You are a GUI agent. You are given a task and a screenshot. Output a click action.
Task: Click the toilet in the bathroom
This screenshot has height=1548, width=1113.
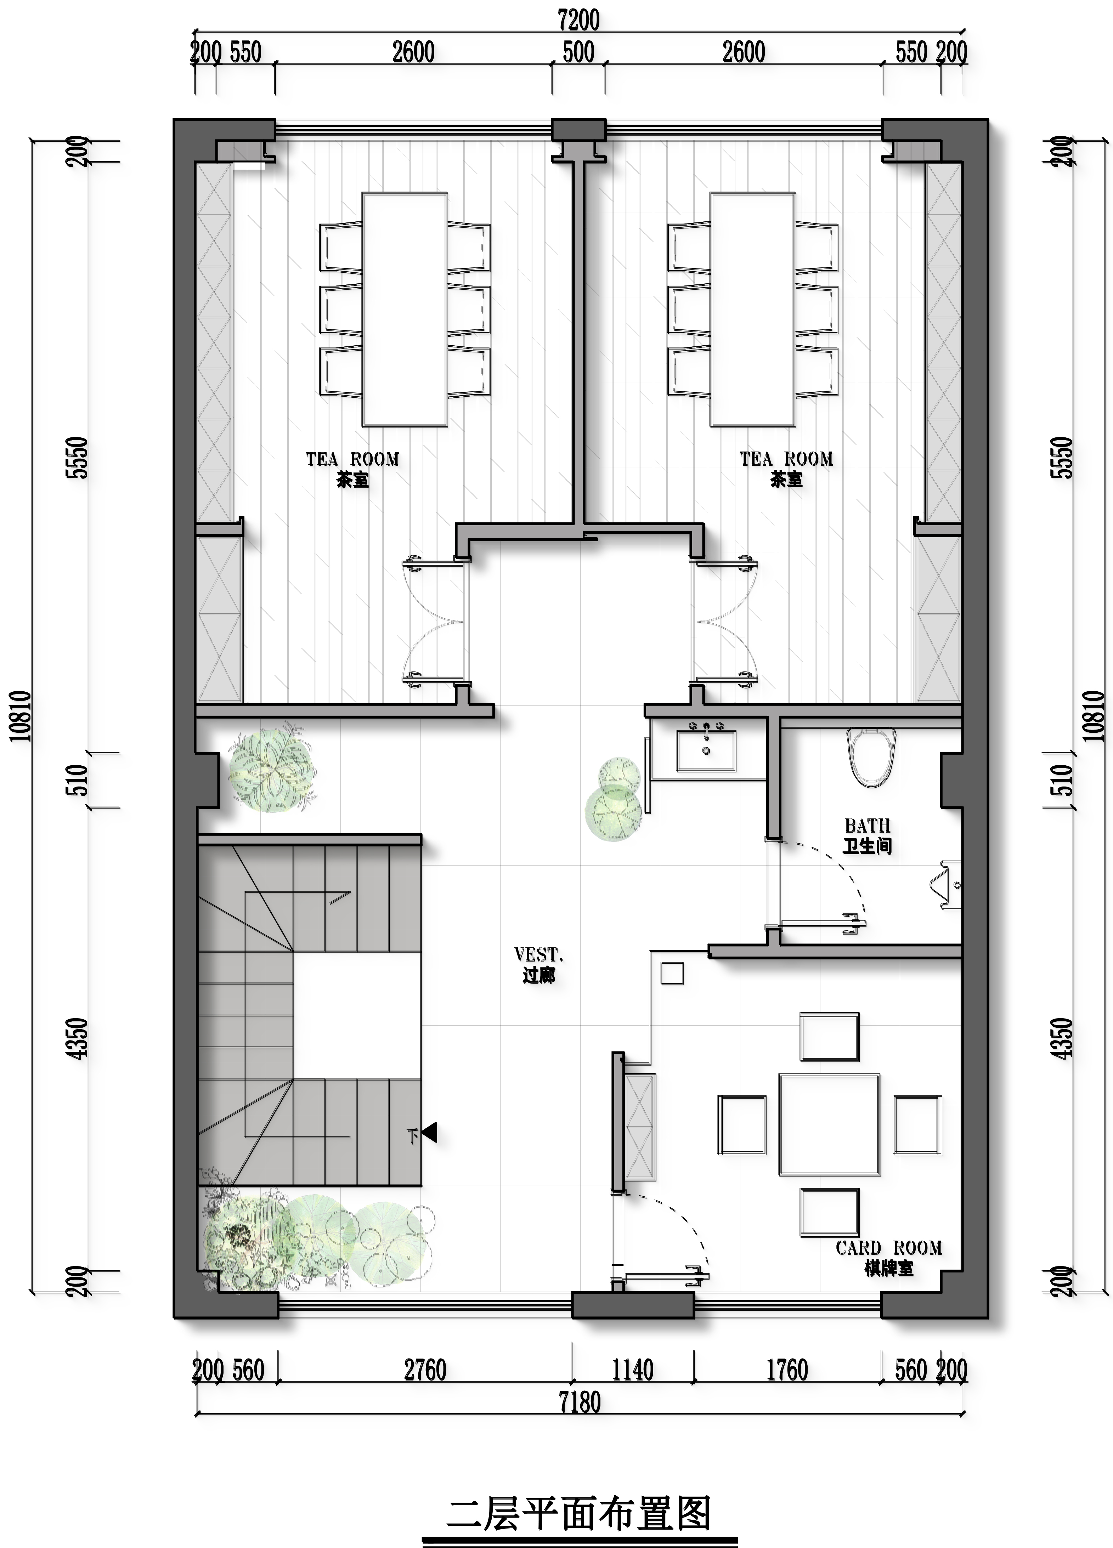click(x=871, y=755)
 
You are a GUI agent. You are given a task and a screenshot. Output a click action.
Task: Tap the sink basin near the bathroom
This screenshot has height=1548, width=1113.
click(x=706, y=750)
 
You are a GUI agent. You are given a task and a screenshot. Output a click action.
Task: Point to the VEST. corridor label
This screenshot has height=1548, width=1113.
click(x=539, y=964)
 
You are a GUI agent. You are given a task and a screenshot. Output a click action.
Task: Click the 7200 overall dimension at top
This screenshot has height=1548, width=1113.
click(x=579, y=21)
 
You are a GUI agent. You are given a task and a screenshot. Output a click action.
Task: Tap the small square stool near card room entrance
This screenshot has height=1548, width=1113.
click(x=672, y=973)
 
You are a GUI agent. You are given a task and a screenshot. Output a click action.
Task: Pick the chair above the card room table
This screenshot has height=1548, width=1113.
click(x=829, y=1037)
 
